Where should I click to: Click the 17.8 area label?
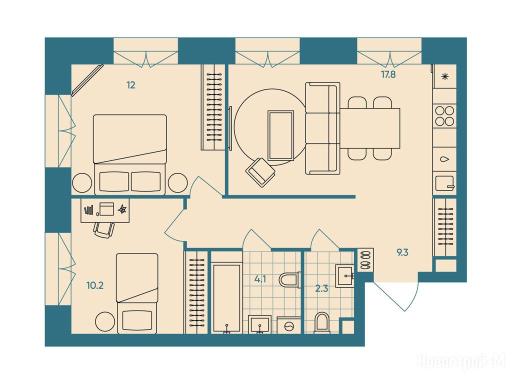388,75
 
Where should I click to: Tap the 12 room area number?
131,85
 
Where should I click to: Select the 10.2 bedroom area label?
95,285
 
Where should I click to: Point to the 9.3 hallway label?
402,252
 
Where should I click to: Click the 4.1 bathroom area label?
260,279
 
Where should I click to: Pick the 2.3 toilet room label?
321,288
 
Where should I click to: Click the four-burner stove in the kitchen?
444,116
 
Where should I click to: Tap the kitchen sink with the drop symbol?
444,159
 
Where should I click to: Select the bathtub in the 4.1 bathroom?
226,298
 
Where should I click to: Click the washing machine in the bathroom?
288,325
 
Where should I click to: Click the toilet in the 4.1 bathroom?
289,280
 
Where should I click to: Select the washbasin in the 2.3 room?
345,276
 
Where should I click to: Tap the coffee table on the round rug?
280,135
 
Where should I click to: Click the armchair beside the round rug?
260,172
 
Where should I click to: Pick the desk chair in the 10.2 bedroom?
104,229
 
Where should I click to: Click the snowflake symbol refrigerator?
444,76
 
